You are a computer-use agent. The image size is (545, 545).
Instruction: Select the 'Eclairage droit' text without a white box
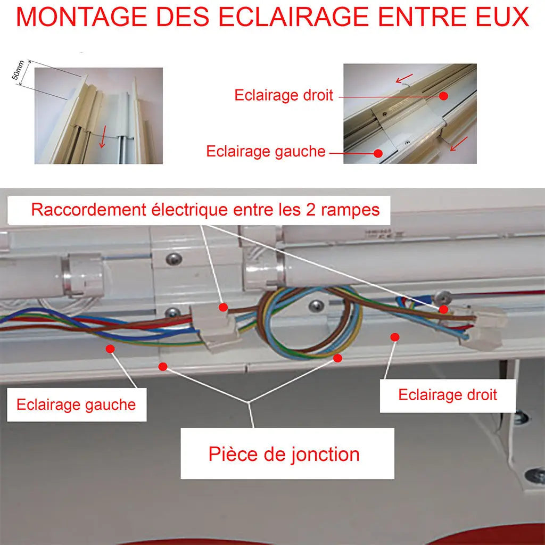click(x=284, y=95)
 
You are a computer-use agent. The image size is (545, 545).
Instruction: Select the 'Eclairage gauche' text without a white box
click(x=266, y=152)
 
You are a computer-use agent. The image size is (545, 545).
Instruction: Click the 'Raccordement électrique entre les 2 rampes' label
click(x=205, y=209)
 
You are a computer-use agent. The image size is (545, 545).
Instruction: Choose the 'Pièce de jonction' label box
click(x=284, y=454)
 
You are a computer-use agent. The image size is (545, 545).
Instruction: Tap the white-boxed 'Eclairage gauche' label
click(x=76, y=404)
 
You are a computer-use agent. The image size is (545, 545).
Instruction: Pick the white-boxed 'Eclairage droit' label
click(x=448, y=395)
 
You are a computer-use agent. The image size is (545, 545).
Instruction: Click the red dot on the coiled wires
click(x=337, y=358)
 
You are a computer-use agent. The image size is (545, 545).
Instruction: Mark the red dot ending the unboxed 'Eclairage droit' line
click(x=443, y=96)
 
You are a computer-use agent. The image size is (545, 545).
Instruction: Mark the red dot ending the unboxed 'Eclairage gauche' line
click(x=378, y=153)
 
